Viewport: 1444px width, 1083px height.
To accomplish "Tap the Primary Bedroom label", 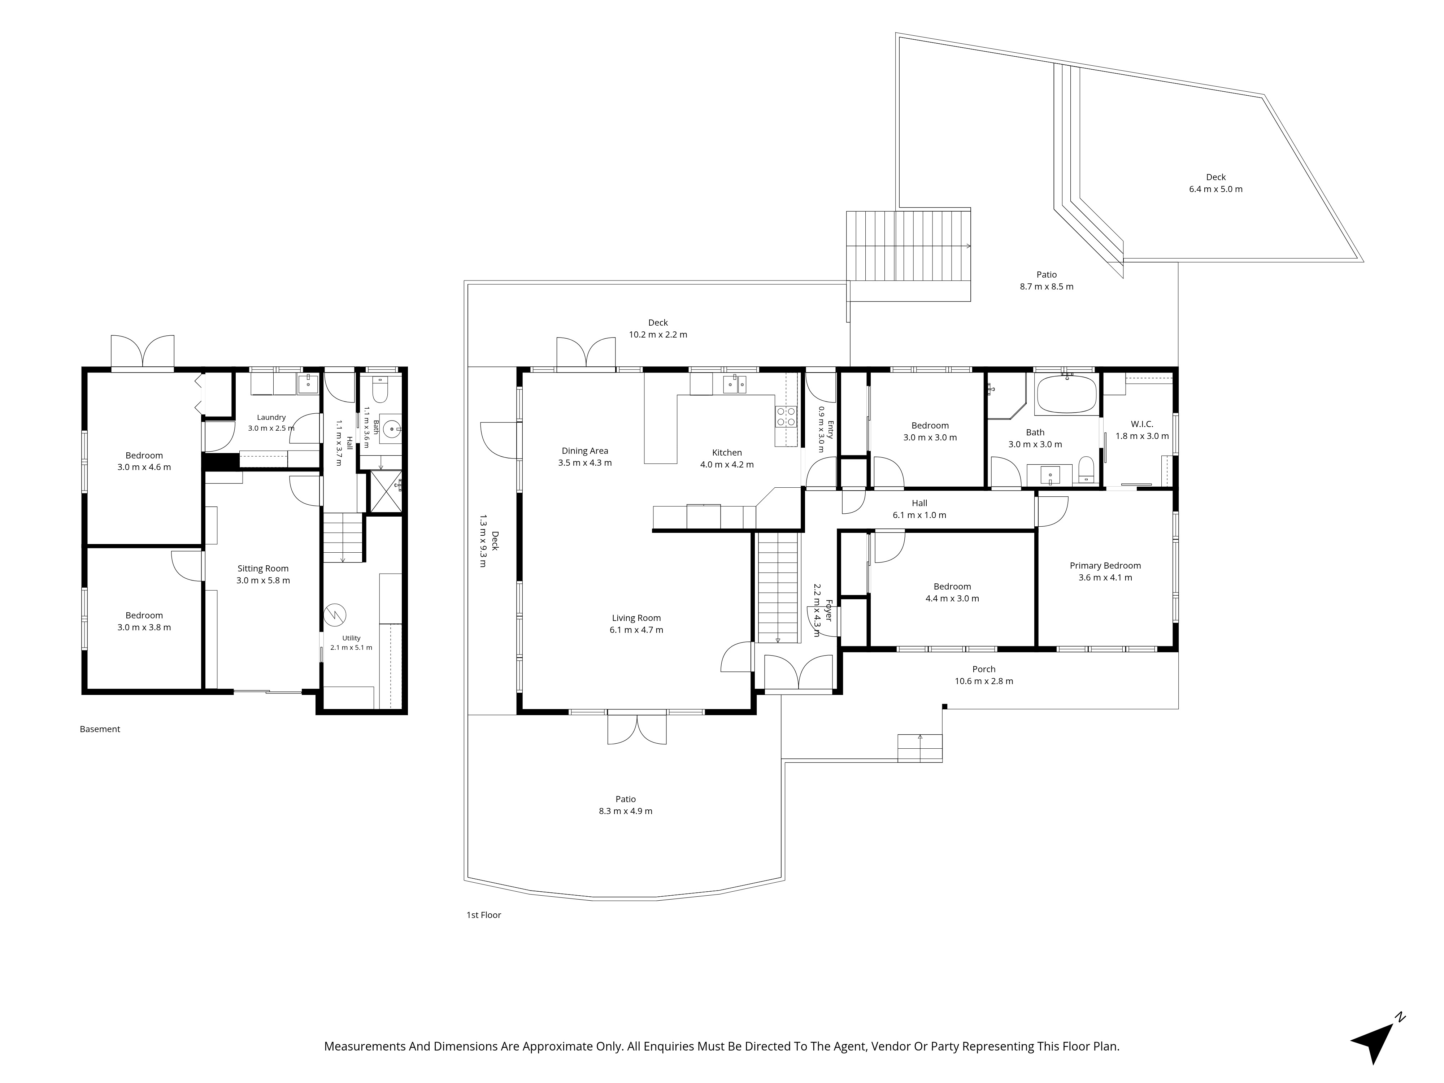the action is point(1105,566).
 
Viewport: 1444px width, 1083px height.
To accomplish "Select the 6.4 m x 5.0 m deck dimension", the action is point(1215,189).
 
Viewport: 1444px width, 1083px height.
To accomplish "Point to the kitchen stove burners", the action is point(786,417).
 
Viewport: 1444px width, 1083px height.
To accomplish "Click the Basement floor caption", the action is point(100,729).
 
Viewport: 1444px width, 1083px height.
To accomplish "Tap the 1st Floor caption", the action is point(484,915).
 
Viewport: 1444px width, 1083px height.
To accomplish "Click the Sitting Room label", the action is point(263,569).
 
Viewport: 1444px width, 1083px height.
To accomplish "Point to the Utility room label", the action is point(351,639).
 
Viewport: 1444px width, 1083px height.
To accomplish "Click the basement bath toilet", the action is point(379,390).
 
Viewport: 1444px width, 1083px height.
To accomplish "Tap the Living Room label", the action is point(636,618).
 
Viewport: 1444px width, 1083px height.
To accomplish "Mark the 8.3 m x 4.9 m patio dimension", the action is point(625,812).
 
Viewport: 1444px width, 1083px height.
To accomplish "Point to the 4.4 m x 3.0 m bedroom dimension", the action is point(952,599).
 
